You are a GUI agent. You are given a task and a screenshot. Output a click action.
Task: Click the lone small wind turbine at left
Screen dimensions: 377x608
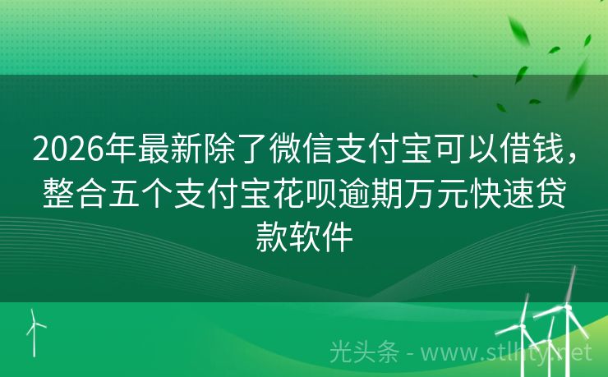click(x=35, y=329)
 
